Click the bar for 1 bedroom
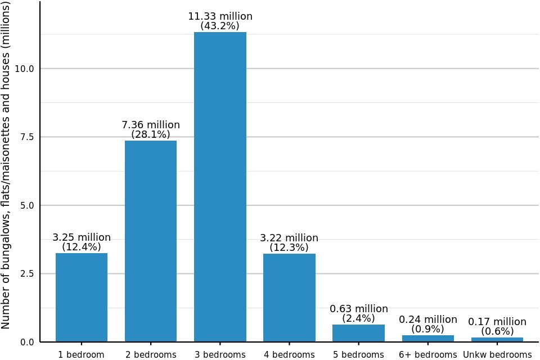[82, 297]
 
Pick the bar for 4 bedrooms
[289, 298]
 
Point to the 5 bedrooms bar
[358, 333]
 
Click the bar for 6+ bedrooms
[427, 338]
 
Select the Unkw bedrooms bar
[497, 339]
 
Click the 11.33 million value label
[220, 16]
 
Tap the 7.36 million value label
[151, 125]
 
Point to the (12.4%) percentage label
[82, 247]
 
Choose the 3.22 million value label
[289, 238]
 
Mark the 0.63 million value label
[358, 309]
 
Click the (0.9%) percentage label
[427, 329]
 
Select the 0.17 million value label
[497, 322]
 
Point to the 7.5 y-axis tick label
[27, 137]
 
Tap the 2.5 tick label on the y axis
[27, 273]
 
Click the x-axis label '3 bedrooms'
[220, 355]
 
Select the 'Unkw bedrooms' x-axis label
[497, 355]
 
